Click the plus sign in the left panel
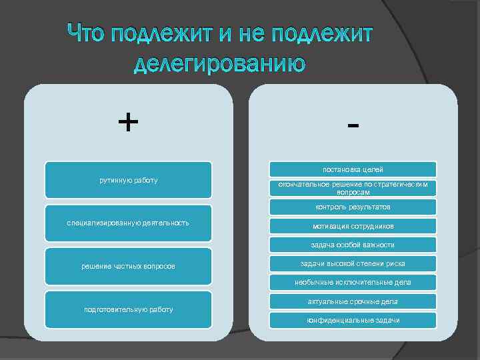coord(128,122)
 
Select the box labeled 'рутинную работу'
coord(128,180)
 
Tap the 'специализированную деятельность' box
coord(128,223)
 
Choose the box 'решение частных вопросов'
coord(128,266)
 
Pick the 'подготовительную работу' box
coord(128,309)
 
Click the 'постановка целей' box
coord(353,169)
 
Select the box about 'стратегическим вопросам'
coord(353,188)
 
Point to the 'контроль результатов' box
coord(353,207)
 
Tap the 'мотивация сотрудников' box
coord(353,225)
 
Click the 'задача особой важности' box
coord(353,244)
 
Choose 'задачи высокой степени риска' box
coord(353,263)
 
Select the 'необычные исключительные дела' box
coord(353,282)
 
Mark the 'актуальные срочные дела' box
coord(353,301)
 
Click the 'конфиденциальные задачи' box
coord(353,320)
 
